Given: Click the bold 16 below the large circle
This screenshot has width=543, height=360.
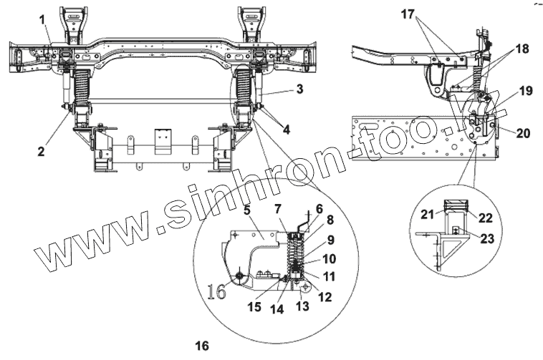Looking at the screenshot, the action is [202, 346].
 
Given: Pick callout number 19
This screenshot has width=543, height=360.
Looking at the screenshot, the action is [526, 91].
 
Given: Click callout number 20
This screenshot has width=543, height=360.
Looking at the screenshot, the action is [522, 132].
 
